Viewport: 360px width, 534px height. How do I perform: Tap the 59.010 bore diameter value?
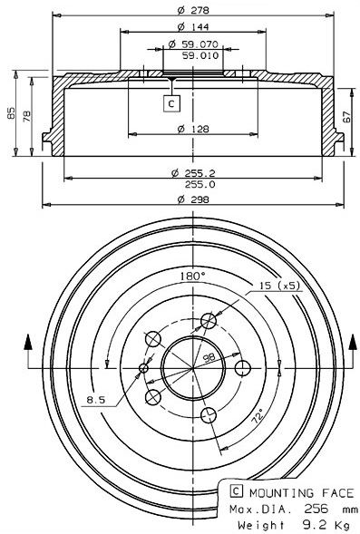click(x=199, y=55)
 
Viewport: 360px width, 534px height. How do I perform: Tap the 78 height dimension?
click(x=27, y=115)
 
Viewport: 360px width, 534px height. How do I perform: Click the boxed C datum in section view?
click(x=172, y=103)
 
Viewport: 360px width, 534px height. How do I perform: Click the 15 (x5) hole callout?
click(x=278, y=286)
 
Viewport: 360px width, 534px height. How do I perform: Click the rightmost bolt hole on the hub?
click(x=242, y=368)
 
